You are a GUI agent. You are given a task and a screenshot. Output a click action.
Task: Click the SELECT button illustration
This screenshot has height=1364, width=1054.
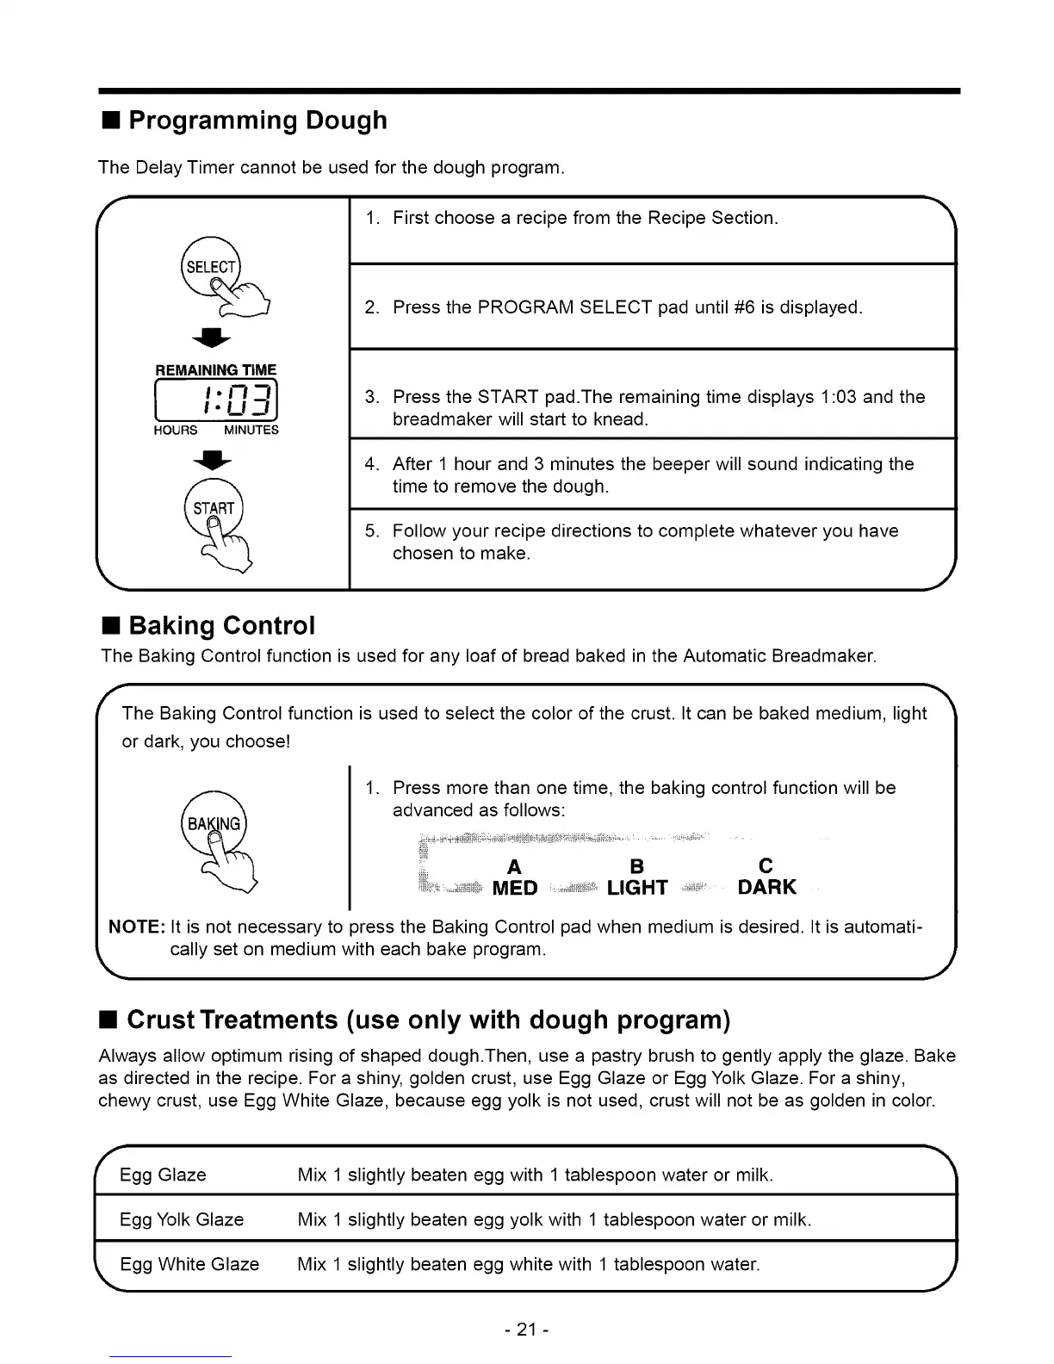(x=211, y=266)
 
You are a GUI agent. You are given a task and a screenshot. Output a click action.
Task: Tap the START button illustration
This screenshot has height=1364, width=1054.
(x=214, y=508)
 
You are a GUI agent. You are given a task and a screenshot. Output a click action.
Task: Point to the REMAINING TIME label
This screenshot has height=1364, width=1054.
(x=216, y=369)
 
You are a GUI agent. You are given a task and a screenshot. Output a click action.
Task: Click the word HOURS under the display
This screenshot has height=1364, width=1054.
(x=176, y=430)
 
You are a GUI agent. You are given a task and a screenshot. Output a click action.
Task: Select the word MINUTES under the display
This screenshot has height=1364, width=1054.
(x=251, y=430)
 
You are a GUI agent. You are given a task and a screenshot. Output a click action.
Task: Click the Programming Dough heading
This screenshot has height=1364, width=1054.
(x=257, y=121)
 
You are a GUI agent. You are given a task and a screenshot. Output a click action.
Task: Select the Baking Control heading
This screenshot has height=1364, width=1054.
(x=221, y=624)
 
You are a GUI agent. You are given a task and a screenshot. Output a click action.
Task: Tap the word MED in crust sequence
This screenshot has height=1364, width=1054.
(x=515, y=888)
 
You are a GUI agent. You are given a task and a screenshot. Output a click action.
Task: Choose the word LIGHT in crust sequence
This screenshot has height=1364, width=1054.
(x=637, y=888)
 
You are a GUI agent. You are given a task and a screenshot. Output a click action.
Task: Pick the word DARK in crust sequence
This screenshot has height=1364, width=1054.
(x=767, y=887)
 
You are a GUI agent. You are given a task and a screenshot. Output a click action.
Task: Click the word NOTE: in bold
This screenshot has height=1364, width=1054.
(x=137, y=927)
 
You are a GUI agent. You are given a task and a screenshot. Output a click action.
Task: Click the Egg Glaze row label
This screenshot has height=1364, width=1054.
(x=163, y=1175)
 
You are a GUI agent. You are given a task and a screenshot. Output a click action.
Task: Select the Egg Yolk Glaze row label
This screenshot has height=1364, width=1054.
(x=182, y=1219)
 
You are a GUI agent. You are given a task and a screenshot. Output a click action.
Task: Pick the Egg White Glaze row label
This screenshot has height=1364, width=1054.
(x=189, y=1264)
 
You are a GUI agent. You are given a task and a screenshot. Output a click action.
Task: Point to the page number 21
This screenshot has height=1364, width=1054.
(x=527, y=1330)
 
